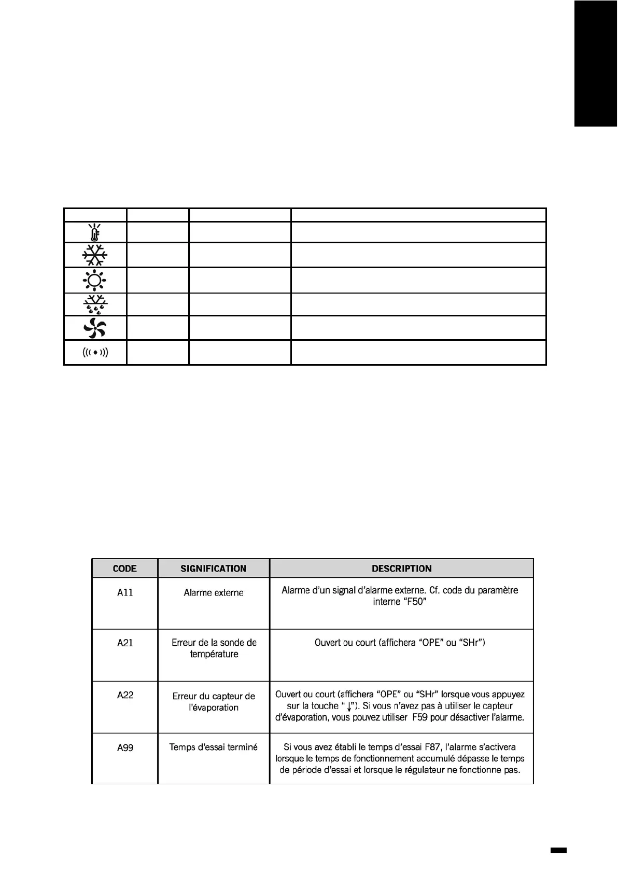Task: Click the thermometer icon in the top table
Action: (95, 232)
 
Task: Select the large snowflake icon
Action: (94, 255)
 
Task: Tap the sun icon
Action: (94, 280)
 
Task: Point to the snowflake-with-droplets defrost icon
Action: (95, 304)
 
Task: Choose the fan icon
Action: (95, 328)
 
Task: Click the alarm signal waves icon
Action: (95, 353)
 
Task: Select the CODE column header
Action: (125, 568)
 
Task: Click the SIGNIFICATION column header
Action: (214, 568)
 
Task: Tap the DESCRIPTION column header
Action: (402, 568)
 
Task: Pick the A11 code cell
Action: (125, 593)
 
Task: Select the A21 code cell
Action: (125, 643)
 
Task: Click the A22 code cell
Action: (125, 695)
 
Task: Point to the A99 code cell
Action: (125, 747)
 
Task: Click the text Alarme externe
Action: (214, 593)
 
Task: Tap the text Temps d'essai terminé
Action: (214, 747)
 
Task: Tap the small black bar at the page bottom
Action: (558, 851)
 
